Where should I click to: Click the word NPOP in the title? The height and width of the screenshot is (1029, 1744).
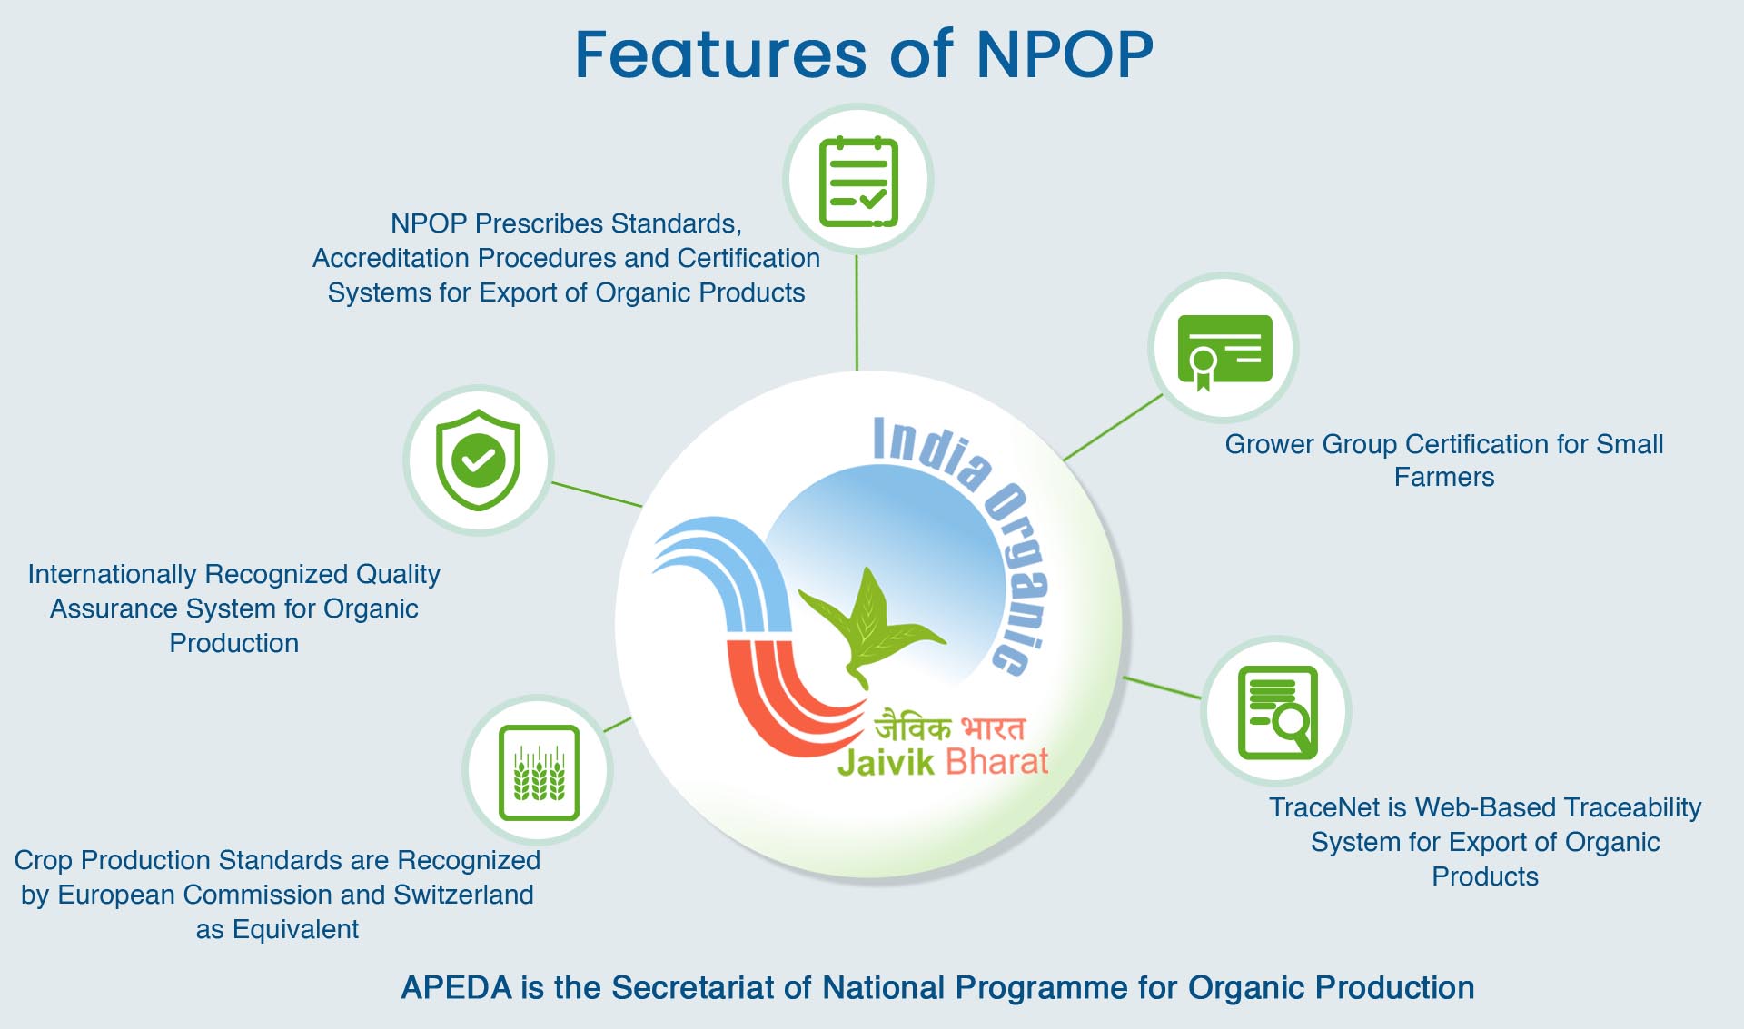(1065, 54)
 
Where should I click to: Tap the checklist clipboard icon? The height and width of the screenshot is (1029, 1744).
(858, 182)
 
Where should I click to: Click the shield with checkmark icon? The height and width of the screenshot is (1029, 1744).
(479, 460)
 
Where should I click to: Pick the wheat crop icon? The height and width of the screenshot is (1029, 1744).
(539, 772)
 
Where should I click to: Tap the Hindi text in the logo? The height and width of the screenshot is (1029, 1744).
(949, 727)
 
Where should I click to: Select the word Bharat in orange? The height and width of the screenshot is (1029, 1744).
(996, 761)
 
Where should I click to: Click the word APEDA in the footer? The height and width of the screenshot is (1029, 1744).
(457, 988)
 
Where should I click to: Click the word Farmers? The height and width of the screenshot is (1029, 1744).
(1444, 477)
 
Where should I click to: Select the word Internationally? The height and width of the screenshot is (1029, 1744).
(113, 574)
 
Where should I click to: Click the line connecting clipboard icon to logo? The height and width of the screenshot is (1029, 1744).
(857, 312)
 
